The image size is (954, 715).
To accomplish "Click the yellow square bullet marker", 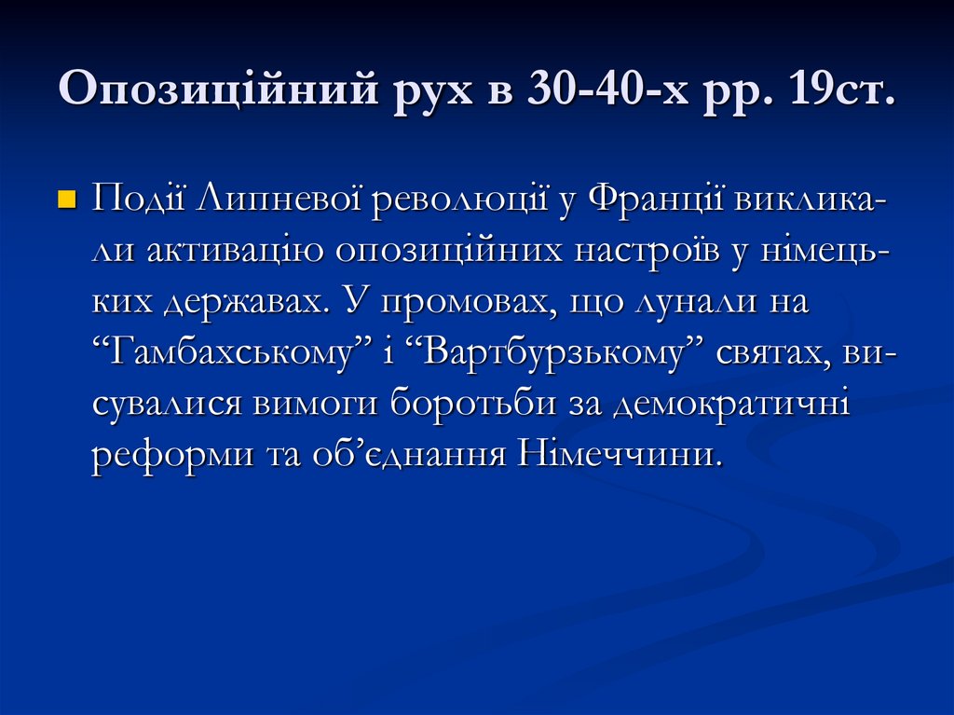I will point(65,200).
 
